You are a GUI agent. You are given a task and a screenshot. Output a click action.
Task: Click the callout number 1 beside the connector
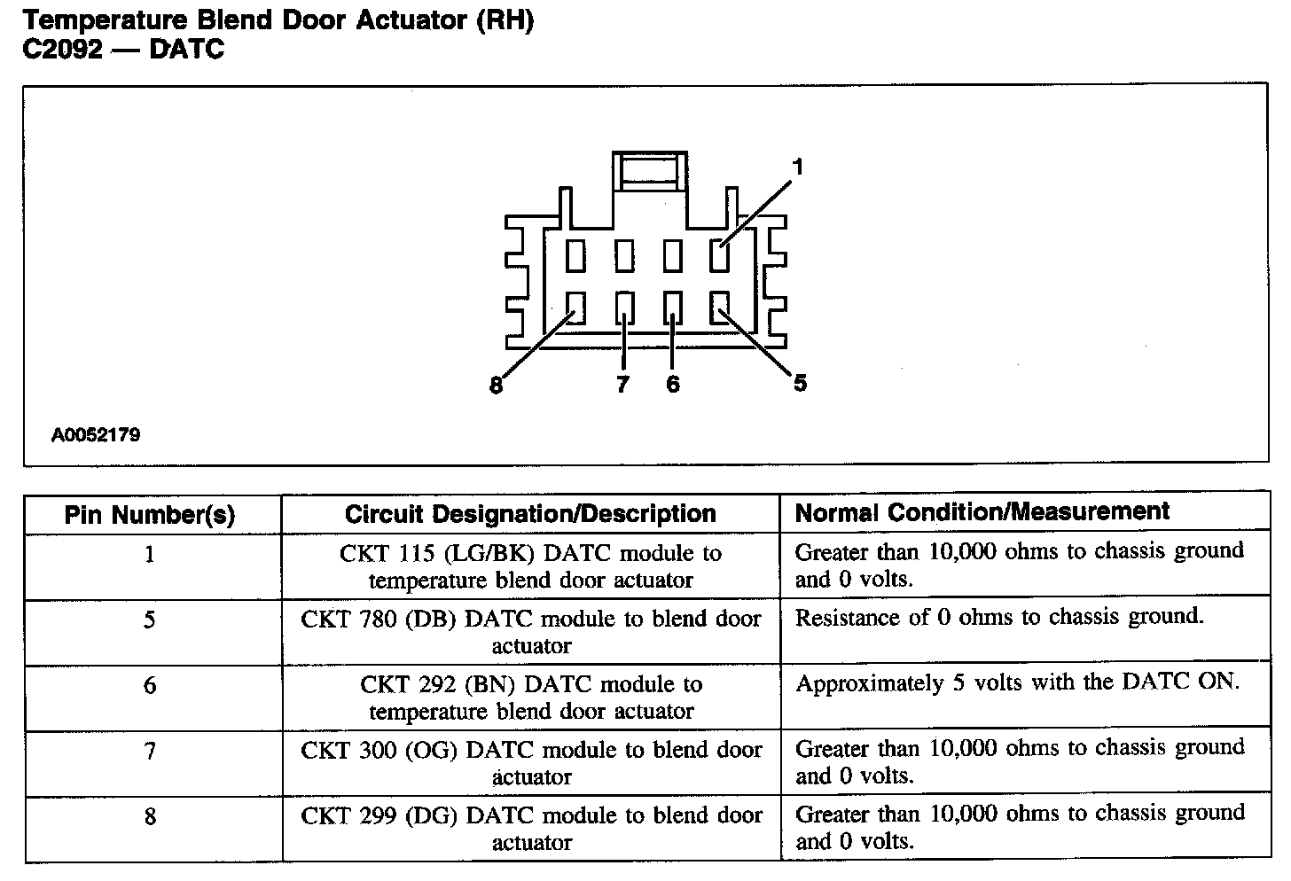[797, 168]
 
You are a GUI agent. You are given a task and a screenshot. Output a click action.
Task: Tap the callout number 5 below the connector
[800, 383]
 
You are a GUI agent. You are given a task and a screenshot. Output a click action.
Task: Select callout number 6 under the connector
[673, 384]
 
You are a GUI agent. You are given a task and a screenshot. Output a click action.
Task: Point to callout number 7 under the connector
[622, 384]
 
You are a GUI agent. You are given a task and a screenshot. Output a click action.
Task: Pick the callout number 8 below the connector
[497, 386]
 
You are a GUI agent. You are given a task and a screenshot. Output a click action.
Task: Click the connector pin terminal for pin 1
[719, 256]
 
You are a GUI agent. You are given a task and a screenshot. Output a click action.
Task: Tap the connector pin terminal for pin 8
[576, 308]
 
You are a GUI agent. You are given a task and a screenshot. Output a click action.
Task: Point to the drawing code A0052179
[95, 435]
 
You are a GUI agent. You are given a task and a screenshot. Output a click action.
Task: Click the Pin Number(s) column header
[150, 515]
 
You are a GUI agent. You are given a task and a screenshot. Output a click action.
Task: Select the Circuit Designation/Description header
[530, 514]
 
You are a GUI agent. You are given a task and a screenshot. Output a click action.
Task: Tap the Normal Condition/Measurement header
[982, 512]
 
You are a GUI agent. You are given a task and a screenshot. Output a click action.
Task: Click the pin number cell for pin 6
[150, 685]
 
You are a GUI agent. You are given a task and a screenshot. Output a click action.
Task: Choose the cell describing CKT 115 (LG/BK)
[530, 566]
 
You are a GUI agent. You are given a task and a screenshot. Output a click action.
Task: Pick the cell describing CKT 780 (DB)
[530, 632]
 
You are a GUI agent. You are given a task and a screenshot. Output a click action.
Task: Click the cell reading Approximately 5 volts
[1017, 682]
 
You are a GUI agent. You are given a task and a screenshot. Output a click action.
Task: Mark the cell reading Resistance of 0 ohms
[999, 617]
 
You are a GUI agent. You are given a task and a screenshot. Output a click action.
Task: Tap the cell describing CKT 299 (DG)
[530, 828]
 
